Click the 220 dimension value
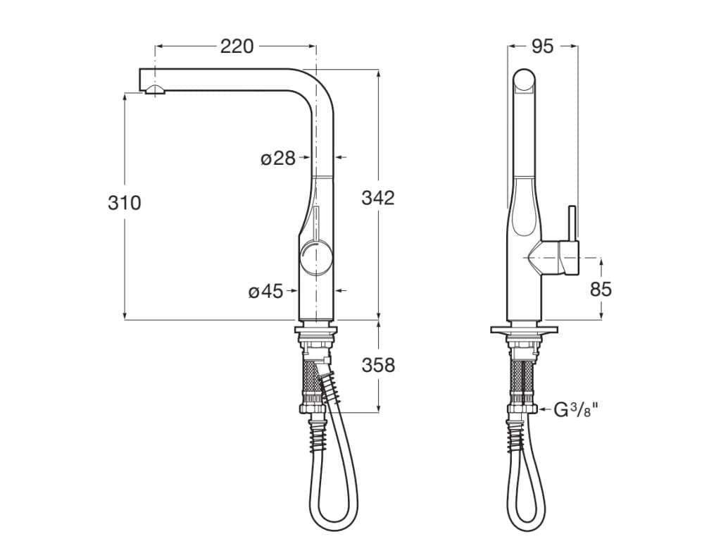237,46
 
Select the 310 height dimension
124,203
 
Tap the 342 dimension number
378,198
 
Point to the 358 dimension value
378,366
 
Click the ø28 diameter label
278,158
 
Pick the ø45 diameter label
265,291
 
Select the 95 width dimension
542,46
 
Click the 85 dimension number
601,289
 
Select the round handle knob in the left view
314,260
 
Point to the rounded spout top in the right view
525,81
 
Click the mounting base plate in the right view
525,330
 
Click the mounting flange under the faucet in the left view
315,329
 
